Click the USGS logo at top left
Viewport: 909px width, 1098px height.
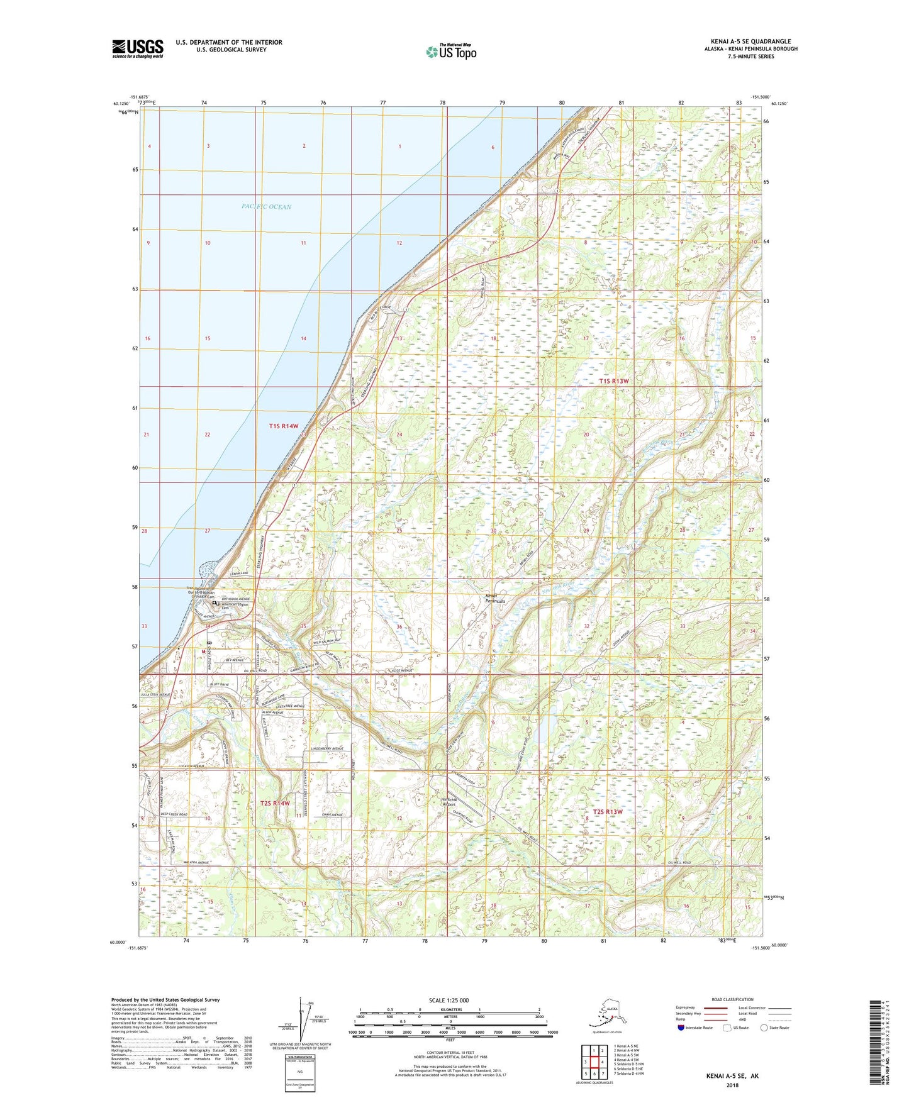pyautogui.click(x=137, y=48)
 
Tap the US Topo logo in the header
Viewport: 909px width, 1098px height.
pyautogui.click(x=450, y=52)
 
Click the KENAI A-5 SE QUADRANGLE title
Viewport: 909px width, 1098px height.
pyautogui.click(x=750, y=42)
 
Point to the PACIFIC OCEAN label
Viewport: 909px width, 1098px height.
pyautogui.click(x=266, y=206)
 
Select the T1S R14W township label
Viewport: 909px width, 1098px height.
pyautogui.click(x=283, y=426)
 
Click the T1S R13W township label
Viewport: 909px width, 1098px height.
pyautogui.click(x=614, y=381)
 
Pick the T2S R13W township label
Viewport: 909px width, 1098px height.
pyautogui.click(x=608, y=812)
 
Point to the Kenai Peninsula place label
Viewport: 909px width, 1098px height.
pyautogui.click(x=494, y=598)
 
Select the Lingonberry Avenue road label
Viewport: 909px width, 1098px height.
pyautogui.click(x=327, y=748)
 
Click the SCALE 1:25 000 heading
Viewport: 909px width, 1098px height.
pyautogui.click(x=449, y=1000)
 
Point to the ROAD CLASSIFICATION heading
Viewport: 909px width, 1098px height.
pyautogui.click(x=733, y=999)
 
